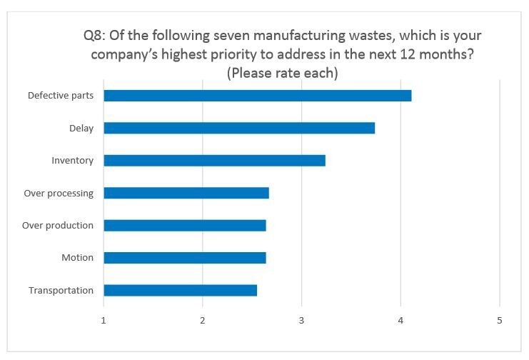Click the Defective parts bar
(x=257, y=96)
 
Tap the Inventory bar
(x=214, y=161)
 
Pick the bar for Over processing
(x=186, y=193)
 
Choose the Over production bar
(x=185, y=226)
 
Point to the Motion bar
(x=185, y=258)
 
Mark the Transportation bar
(x=180, y=290)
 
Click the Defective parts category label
(x=61, y=96)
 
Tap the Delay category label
(x=81, y=128)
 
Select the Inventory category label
(x=72, y=161)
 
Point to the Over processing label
(x=59, y=193)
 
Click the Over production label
(x=58, y=226)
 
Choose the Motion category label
(x=77, y=258)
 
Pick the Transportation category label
(x=61, y=290)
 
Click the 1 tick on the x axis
(x=104, y=321)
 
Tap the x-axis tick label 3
(x=301, y=321)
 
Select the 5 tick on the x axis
(x=500, y=321)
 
